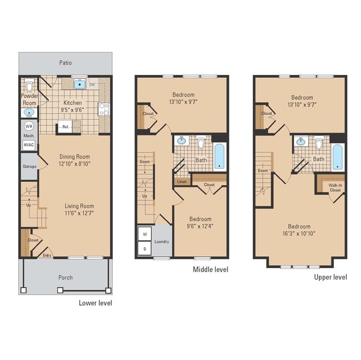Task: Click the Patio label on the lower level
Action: click(66, 63)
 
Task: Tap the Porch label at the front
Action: click(66, 277)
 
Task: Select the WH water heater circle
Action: click(28, 125)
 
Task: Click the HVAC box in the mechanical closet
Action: click(28, 144)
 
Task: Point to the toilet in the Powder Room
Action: click(29, 87)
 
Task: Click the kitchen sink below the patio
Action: click(80, 84)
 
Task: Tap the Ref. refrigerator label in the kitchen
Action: click(66, 127)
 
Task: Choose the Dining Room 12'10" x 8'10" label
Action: click(74, 160)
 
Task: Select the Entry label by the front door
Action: click(48, 255)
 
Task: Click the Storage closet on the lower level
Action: click(29, 166)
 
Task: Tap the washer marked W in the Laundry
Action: click(144, 234)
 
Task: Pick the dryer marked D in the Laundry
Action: click(144, 249)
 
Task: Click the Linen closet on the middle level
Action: click(182, 181)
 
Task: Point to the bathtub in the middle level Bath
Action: click(219, 156)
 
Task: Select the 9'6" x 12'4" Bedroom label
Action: click(200, 222)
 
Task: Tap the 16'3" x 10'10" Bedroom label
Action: click(299, 230)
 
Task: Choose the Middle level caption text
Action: click(210, 270)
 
